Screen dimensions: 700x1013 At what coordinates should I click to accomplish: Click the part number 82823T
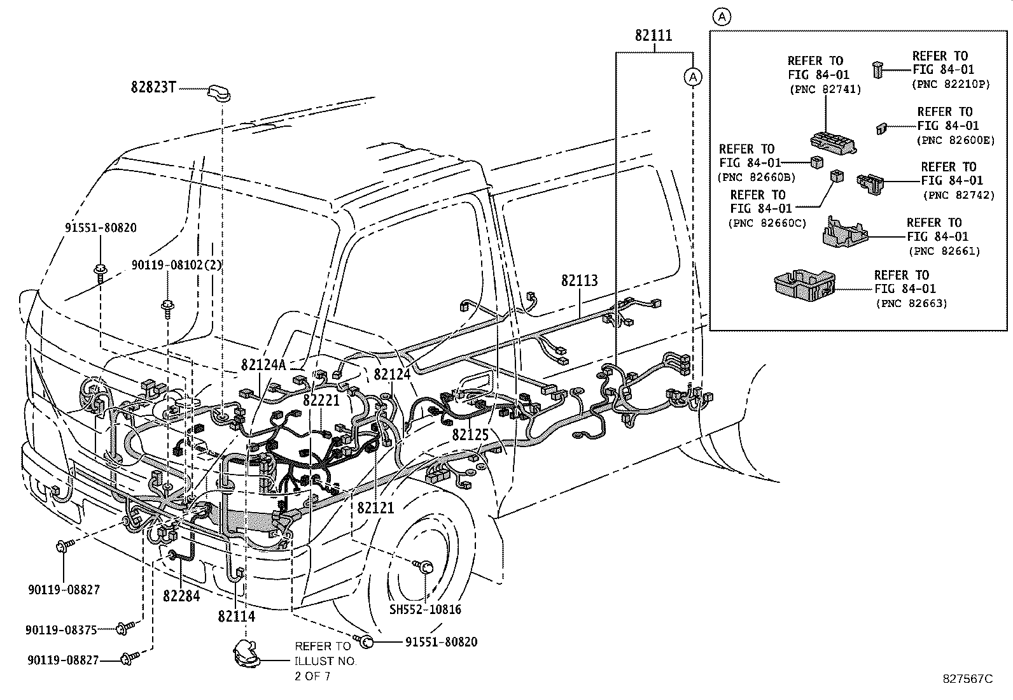(153, 87)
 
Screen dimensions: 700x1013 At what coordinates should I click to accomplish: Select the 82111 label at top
(653, 36)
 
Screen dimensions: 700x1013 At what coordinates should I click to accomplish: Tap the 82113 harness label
(579, 280)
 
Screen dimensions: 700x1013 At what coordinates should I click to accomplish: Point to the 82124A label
(263, 365)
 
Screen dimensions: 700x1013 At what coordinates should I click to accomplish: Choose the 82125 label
(471, 434)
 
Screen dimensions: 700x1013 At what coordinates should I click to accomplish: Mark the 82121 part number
(375, 508)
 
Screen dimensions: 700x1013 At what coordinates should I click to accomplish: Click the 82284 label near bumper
(181, 596)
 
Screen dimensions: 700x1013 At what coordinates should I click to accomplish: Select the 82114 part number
(237, 616)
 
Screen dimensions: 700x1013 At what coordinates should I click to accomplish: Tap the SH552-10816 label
(426, 609)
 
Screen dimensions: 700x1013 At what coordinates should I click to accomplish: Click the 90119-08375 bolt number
(61, 629)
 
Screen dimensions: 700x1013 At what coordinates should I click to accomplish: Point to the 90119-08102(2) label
(176, 264)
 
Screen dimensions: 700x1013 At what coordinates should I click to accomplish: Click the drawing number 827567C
(967, 678)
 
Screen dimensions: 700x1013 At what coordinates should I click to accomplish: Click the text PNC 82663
(911, 304)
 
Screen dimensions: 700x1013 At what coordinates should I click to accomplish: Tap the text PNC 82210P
(951, 83)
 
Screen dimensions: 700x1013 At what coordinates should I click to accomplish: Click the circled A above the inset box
(722, 17)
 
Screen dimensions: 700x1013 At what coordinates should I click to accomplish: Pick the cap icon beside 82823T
(217, 93)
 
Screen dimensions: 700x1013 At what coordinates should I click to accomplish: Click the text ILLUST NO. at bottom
(325, 661)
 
